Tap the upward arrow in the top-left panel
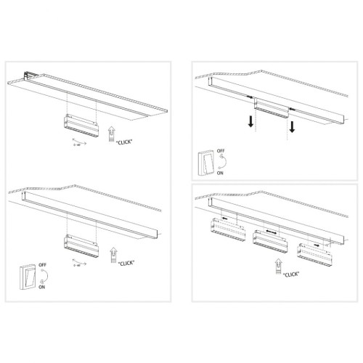(110, 133)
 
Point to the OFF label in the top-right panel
(221, 152)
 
